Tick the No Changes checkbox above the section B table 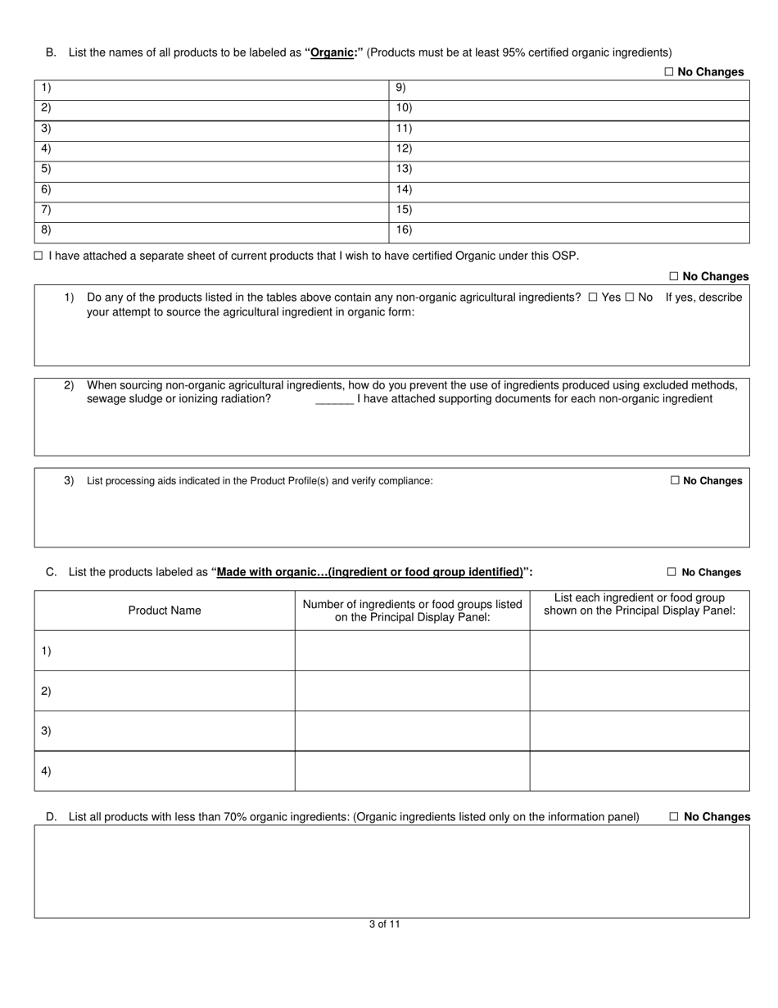click(x=668, y=72)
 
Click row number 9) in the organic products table click(x=400, y=88)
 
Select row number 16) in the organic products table click(x=404, y=230)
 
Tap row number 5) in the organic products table click(x=46, y=169)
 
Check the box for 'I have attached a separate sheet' click(x=38, y=256)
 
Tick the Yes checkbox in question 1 click(x=593, y=297)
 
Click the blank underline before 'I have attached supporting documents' click(x=334, y=400)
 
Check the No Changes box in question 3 click(x=675, y=481)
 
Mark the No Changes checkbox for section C click(x=672, y=572)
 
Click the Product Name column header click(x=165, y=611)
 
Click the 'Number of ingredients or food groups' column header click(x=412, y=611)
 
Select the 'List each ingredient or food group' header click(x=639, y=604)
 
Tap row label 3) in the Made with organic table click(x=46, y=731)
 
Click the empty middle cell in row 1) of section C click(x=412, y=651)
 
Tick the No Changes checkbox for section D click(x=674, y=817)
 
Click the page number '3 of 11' click(x=384, y=924)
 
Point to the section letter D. click(x=51, y=817)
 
